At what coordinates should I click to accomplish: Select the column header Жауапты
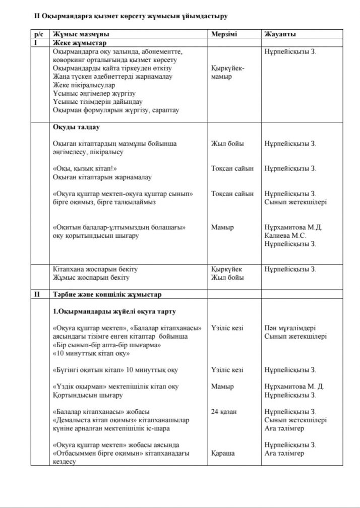click(280, 34)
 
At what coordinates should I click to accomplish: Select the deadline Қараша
click(223, 453)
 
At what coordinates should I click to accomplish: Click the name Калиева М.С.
click(285, 235)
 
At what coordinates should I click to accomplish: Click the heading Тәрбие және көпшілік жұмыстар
click(107, 293)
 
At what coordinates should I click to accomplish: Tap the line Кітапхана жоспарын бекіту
click(95, 269)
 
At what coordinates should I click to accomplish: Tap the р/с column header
click(39, 34)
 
